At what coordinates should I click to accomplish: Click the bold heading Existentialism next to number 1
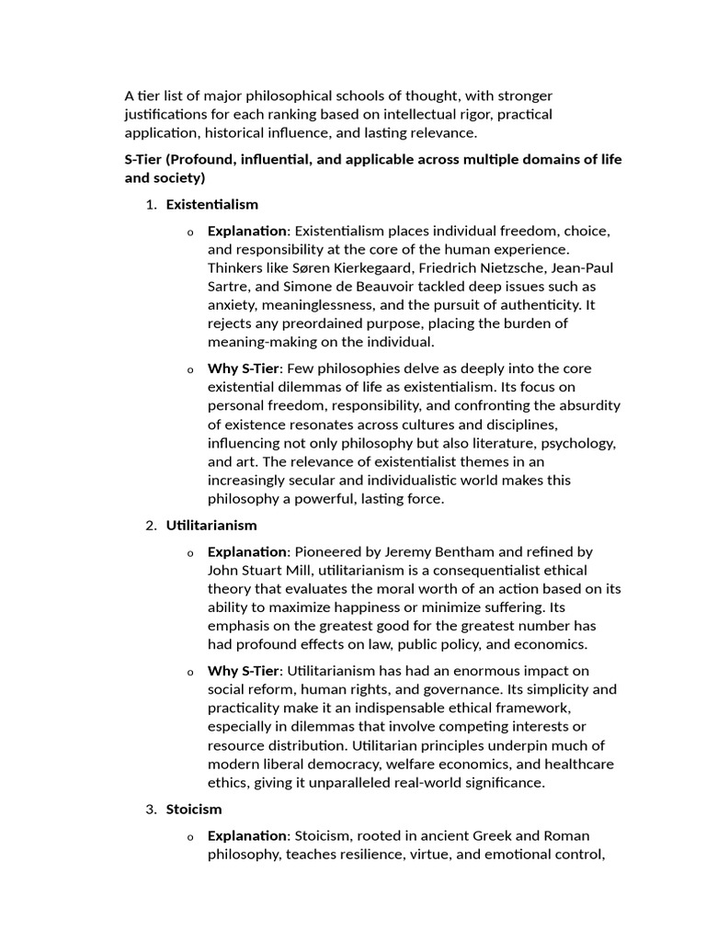[211, 204]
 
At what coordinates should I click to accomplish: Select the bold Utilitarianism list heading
[211, 526]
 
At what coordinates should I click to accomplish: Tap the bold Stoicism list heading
[194, 810]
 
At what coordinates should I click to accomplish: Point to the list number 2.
[151, 526]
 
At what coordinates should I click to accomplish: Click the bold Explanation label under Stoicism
[247, 835]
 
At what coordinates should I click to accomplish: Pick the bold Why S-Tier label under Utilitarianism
[243, 671]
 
